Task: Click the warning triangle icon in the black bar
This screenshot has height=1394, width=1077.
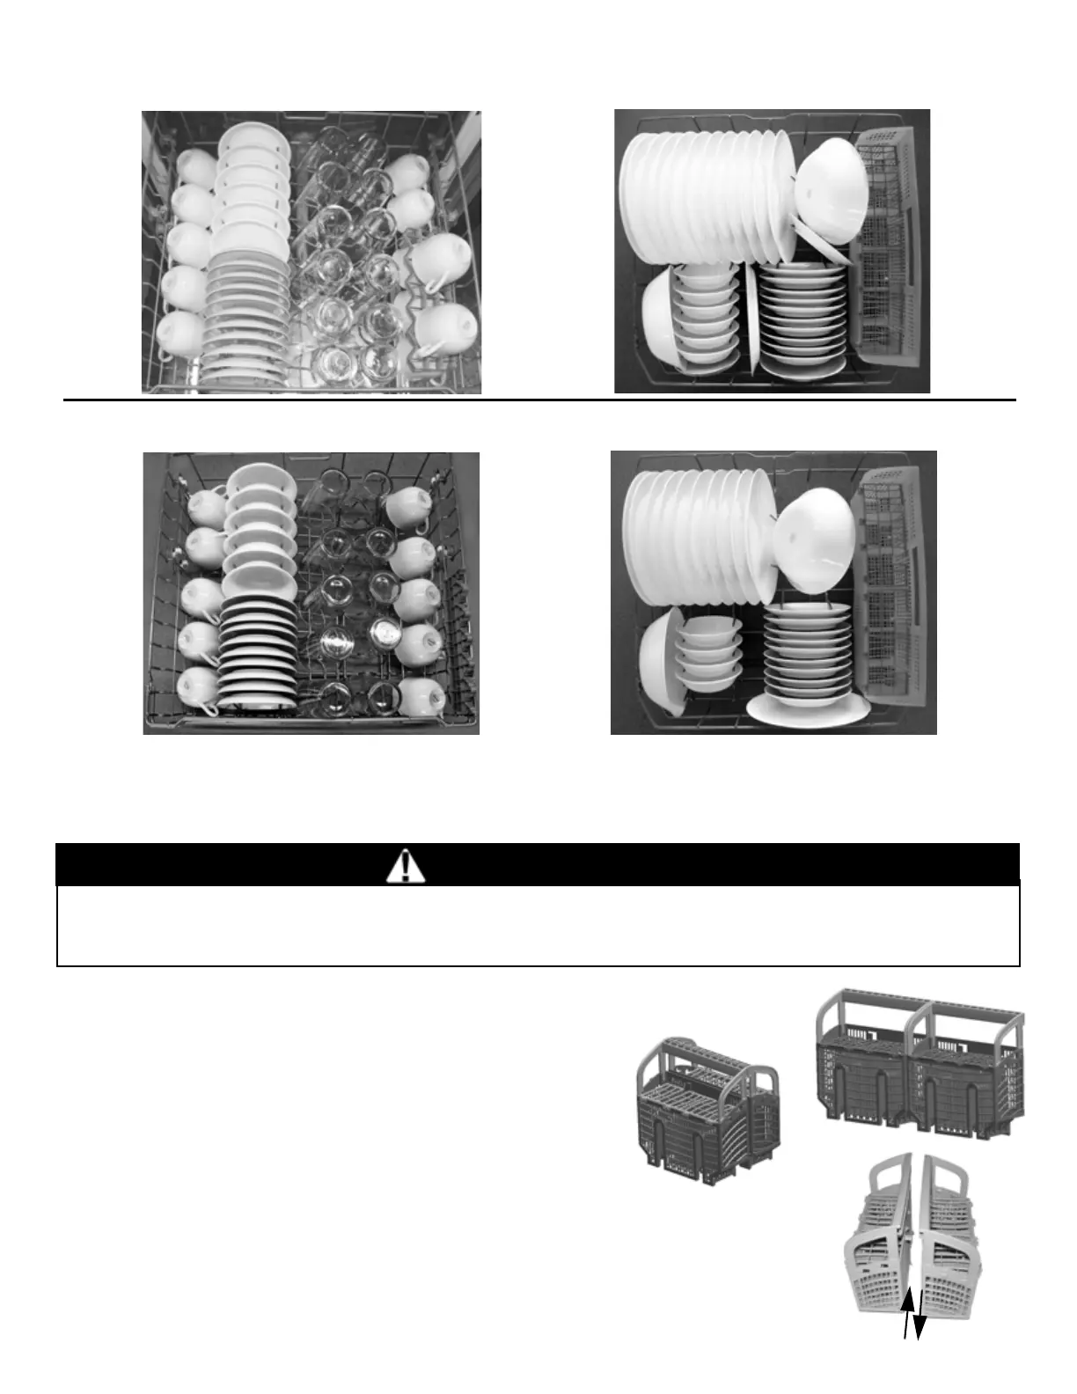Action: pyautogui.click(x=405, y=866)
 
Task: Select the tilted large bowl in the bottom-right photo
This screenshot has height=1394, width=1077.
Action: pyautogui.click(x=816, y=527)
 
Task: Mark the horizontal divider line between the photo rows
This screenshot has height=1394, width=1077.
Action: pyautogui.click(x=538, y=400)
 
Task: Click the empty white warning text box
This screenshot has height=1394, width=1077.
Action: pyautogui.click(x=538, y=925)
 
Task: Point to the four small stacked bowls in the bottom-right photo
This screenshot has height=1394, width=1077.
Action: pyautogui.click(x=705, y=655)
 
